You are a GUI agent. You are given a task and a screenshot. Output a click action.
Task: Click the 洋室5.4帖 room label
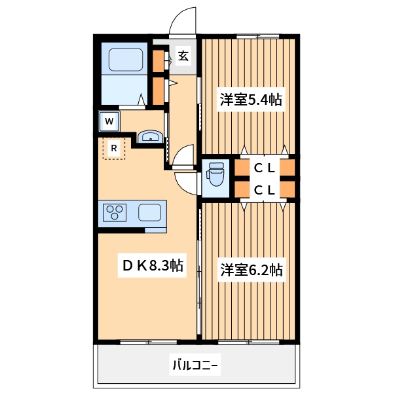[251, 100]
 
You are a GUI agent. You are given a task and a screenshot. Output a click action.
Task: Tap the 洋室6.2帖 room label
[251, 269]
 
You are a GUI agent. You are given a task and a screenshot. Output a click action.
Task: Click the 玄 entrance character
[183, 56]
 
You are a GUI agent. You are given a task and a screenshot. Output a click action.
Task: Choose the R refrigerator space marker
[114, 149]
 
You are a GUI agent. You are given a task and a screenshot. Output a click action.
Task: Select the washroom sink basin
[151, 137]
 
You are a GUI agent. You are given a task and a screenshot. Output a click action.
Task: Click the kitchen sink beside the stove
[151, 212]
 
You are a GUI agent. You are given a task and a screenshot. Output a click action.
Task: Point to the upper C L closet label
[265, 168]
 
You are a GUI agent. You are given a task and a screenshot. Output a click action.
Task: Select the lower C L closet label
[265, 190]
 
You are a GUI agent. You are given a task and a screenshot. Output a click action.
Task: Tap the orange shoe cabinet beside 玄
[159, 60]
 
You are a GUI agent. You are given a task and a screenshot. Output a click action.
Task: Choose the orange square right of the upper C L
[288, 168]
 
